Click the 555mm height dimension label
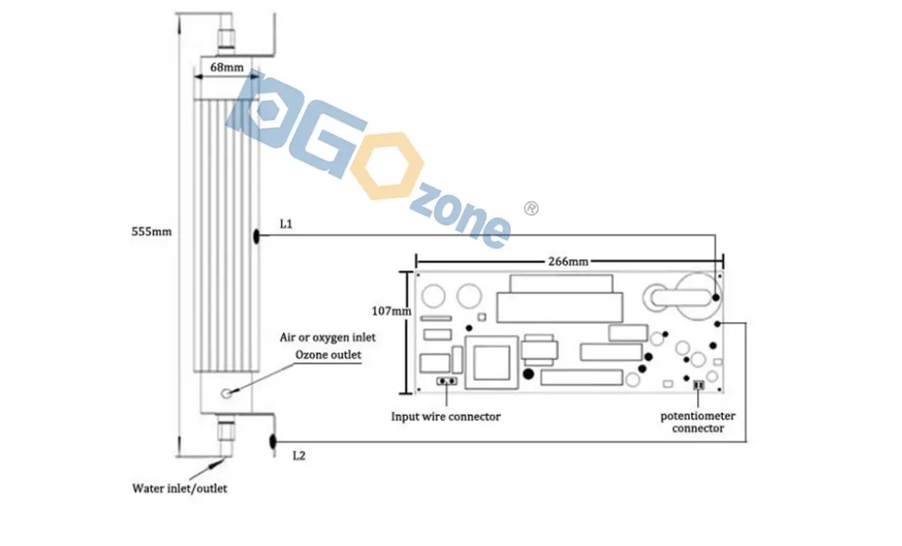coord(151,232)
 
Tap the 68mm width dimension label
coord(227,67)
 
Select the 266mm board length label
coord(568,262)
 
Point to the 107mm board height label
coord(392,311)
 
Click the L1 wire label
coord(286,224)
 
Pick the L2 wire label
coord(299,456)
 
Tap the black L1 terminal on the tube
coord(256,235)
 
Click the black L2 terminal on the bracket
coord(273,441)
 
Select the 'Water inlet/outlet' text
coord(180,489)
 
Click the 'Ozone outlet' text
coord(328,354)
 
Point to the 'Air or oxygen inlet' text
coord(328,337)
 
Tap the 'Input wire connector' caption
coord(446,417)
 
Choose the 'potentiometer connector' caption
coord(698,422)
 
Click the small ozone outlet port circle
coord(227,393)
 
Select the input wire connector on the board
coord(447,381)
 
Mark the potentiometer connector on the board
coord(698,385)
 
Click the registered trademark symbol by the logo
coord(531,208)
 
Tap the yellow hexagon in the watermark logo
coord(387,165)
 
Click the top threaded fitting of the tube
coord(226,40)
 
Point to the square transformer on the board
coord(492,362)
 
